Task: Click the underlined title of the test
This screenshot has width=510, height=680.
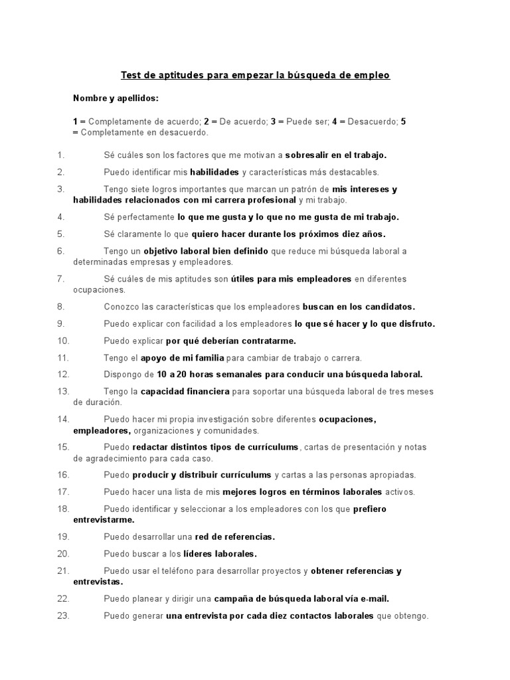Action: tap(255, 75)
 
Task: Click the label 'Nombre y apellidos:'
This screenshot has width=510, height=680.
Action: tap(116, 98)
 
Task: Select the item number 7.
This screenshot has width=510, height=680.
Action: tap(60, 279)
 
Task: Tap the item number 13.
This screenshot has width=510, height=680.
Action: tap(63, 391)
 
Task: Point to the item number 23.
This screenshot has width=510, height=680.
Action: tap(63, 616)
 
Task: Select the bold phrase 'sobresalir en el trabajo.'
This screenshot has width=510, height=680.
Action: tap(335, 155)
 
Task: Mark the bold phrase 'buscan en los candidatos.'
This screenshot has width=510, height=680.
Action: tap(359, 307)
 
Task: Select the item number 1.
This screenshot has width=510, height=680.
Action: tap(60, 155)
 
